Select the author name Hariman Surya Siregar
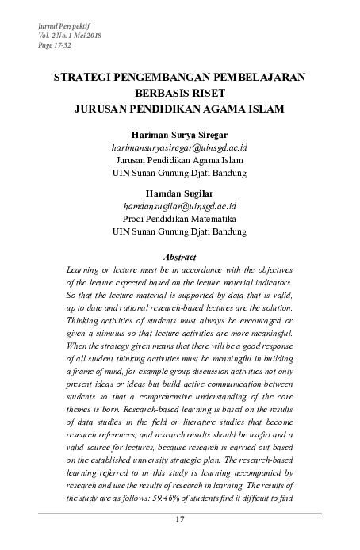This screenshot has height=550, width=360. point(179,135)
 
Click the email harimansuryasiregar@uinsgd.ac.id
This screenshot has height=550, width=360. point(179,147)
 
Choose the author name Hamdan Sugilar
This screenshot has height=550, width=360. point(179,193)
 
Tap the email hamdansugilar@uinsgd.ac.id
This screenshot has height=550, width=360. point(179,206)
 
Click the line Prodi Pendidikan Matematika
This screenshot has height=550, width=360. point(179,219)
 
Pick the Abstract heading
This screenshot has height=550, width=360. point(179,257)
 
